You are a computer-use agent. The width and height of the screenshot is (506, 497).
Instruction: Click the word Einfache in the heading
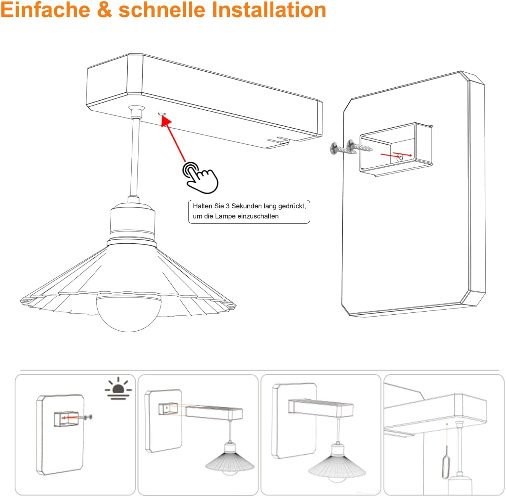[x=45, y=10]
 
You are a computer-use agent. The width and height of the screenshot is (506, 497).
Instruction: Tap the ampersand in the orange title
[x=104, y=10]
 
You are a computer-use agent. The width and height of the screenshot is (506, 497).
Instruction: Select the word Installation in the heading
[x=269, y=10]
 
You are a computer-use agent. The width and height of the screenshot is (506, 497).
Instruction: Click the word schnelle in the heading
[x=162, y=10]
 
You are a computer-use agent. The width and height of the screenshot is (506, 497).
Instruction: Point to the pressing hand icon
[x=200, y=177]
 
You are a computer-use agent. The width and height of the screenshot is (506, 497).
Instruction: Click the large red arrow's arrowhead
[x=166, y=121]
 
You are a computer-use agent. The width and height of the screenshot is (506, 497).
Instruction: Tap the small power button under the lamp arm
[x=161, y=114]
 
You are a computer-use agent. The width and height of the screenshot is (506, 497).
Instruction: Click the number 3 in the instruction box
[x=227, y=206]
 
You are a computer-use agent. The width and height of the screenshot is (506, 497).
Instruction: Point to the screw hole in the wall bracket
[x=401, y=158]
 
